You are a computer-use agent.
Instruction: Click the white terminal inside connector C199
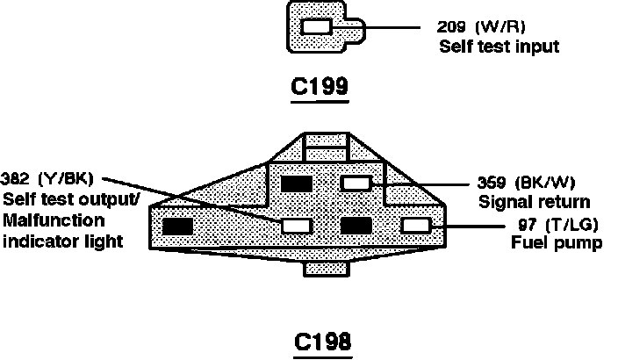point(316,27)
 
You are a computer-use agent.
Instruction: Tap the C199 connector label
point(320,88)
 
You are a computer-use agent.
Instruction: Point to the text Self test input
point(499,45)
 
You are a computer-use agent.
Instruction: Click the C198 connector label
point(322,340)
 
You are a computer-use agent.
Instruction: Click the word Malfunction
point(54,220)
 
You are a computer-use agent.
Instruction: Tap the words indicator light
point(61,240)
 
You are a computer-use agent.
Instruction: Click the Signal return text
point(534,202)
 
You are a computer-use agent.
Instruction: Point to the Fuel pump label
point(556,242)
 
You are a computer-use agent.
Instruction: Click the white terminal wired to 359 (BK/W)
point(356,184)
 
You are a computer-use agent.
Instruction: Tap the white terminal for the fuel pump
point(415,226)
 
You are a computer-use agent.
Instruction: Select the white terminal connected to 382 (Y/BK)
point(296,226)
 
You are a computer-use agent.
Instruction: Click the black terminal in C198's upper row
point(295,184)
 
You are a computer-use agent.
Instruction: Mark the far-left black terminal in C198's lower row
point(178,226)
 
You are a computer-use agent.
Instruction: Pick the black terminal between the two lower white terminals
point(356,226)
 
